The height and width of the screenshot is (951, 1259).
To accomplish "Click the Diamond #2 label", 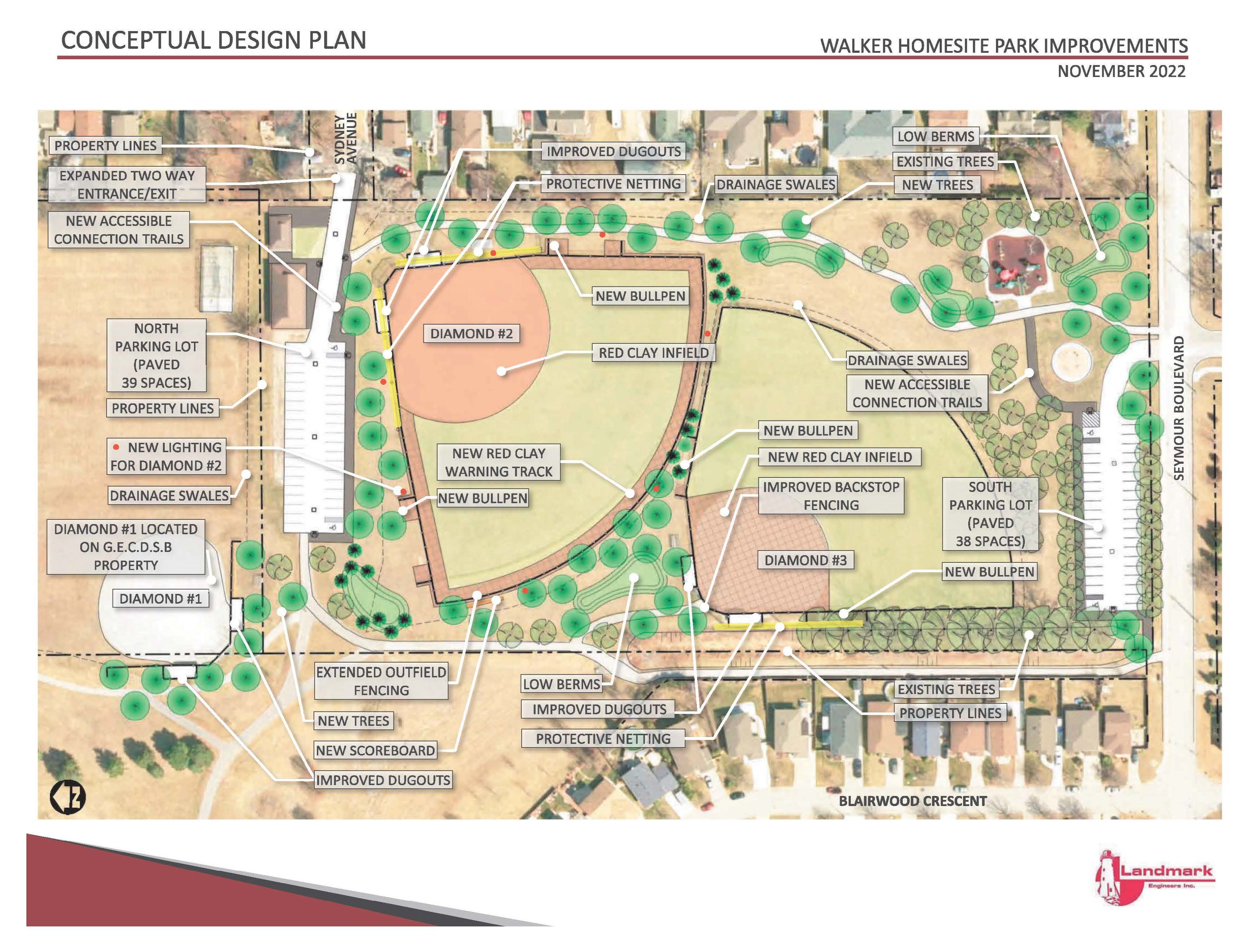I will click(471, 334).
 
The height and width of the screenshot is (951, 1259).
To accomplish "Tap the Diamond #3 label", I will click(805, 560).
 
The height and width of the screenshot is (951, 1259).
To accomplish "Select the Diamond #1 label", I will click(160, 599).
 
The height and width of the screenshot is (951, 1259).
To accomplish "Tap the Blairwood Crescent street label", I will click(913, 801).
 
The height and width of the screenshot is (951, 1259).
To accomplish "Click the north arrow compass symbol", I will click(68, 797).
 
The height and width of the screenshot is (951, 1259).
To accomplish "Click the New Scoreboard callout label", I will click(375, 750).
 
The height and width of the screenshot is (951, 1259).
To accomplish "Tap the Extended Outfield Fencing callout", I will click(381, 681).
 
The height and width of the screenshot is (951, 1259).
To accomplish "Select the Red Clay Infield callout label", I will click(654, 353).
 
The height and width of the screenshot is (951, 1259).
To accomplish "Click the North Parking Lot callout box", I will click(156, 355).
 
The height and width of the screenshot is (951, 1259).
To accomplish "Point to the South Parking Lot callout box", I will click(990, 514).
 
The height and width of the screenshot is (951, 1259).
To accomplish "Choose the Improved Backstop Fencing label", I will click(831, 496).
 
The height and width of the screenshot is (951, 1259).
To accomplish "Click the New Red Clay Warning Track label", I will click(499, 462).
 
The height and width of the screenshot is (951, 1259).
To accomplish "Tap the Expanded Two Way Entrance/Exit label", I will click(127, 184).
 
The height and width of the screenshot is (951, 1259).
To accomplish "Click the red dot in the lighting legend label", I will click(116, 447).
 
